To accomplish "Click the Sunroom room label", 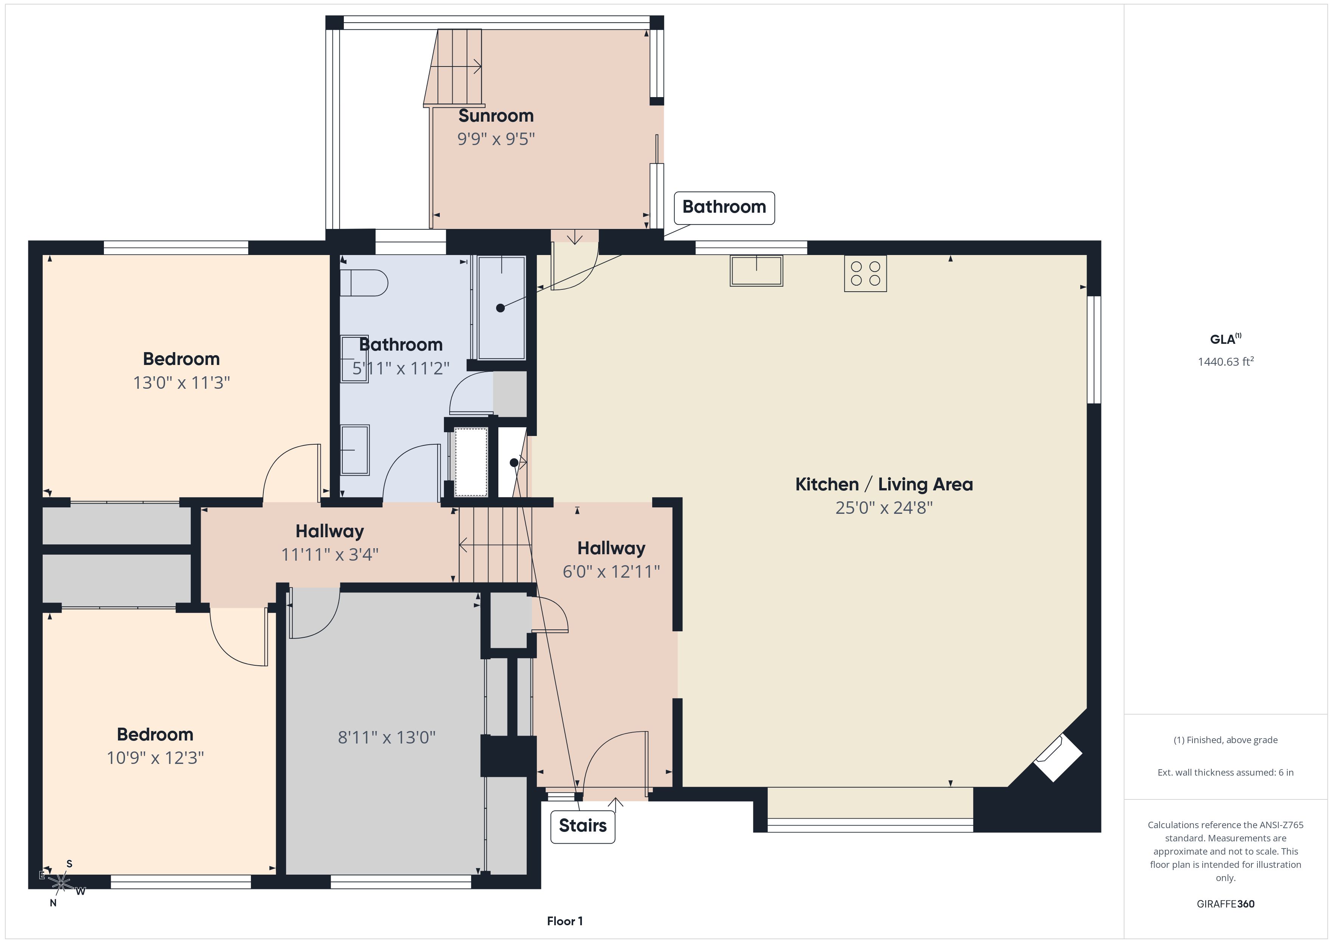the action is pos(496,116).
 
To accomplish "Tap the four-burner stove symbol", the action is pos(865,274).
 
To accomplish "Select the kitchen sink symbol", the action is pos(756,271).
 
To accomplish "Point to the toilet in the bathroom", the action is pos(364,283).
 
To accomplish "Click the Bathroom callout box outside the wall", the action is pos(724,207).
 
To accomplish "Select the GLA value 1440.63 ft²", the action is pos(1226,362).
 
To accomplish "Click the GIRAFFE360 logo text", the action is pos(1226,903).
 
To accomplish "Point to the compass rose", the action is pos(60,883).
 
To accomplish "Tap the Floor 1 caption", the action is pos(564,921).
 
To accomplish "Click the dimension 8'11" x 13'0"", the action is pos(387,737).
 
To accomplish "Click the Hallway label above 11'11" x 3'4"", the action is pos(330,531).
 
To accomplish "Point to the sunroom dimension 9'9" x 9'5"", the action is pos(496,139).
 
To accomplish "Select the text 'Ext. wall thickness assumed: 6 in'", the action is pos(1226,772).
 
